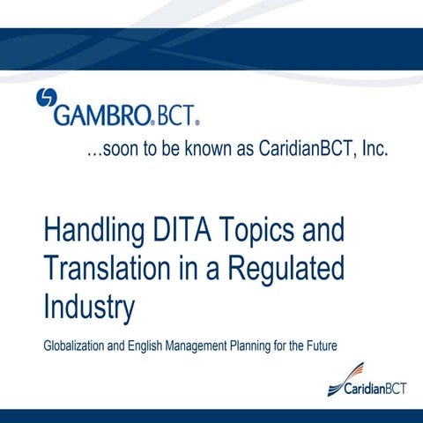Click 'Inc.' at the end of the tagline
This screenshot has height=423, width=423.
[369, 150]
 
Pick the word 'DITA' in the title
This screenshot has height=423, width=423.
[182, 232]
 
